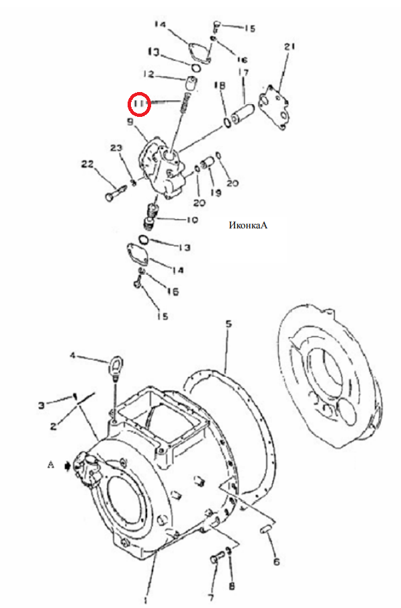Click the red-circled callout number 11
tap(139, 104)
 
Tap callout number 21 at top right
tap(289, 46)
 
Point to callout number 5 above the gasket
tap(229, 323)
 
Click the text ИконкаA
tap(248, 225)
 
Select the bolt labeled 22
tap(115, 192)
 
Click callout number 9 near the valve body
tap(130, 122)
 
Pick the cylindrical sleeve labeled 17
tap(242, 114)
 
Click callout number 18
tap(220, 85)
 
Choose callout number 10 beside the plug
tap(192, 220)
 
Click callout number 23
tap(116, 148)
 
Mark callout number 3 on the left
tap(42, 406)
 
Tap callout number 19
tap(216, 192)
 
